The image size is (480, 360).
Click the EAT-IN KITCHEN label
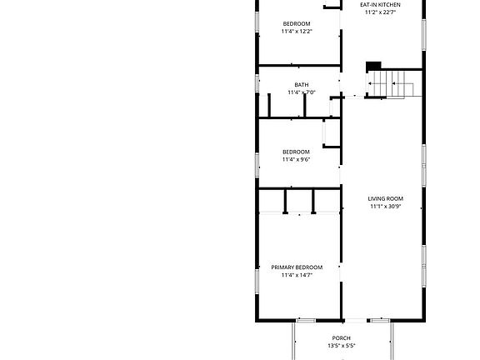(x=380, y=5)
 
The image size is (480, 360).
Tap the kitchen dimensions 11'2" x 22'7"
(x=380, y=13)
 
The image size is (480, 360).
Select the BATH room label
(x=302, y=85)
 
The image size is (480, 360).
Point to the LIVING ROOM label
(x=386, y=198)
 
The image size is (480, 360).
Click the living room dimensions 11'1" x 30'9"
(x=386, y=207)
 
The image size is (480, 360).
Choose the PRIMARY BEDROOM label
(x=297, y=267)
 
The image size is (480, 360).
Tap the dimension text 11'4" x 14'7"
(x=297, y=275)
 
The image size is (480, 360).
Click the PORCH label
(x=342, y=338)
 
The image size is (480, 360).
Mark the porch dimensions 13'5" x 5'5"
(x=342, y=346)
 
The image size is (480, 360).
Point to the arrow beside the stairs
(x=372, y=82)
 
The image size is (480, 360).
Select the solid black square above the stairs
(x=374, y=66)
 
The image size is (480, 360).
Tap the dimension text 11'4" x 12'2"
(x=296, y=32)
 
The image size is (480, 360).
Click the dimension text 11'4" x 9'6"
(x=296, y=159)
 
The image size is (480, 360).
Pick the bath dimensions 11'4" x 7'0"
(x=302, y=92)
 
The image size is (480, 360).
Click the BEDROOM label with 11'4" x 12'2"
(x=296, y=23)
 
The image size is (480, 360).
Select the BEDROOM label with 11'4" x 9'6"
(x=296, y=152)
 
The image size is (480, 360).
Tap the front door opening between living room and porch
(x=356, y=320)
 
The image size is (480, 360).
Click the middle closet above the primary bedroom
(x=299, y=201)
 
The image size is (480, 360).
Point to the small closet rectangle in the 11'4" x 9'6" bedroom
(x=331, y=132)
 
